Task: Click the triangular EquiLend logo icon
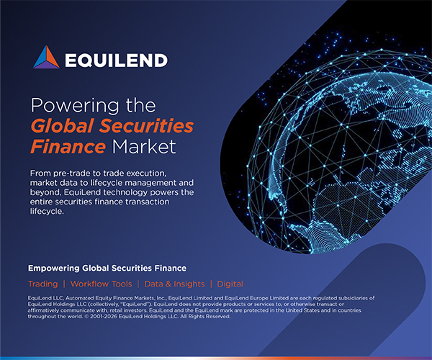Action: click(x=46, y=57)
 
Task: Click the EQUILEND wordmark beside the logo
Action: click(x=116, y=60)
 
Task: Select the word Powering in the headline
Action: click(x=75, y=106)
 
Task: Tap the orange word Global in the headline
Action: click(x=62, y=125)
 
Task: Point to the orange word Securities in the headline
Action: click(x=147, y=125)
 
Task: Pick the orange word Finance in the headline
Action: click(x=68, y=146)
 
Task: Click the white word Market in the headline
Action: click(x=144, y=146)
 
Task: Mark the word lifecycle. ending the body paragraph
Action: click(x=47, y=211)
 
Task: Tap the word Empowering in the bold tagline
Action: click(x=54, y=269)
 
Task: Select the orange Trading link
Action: click(x=43, y=284)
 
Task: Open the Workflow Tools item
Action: click(x=101, y=284)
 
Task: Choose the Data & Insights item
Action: click(x=174, y=284)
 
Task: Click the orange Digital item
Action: click(x=230, y=284)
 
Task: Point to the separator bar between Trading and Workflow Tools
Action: click(x=64, y=284)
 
